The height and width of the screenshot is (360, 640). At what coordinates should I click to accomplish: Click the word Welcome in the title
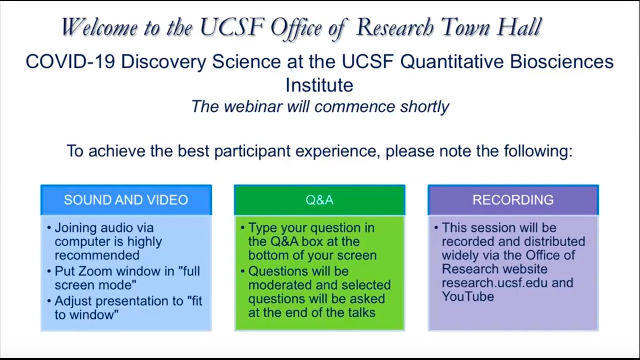(x=99, y=27)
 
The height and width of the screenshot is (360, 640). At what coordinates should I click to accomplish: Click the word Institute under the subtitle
(x=319, y=85)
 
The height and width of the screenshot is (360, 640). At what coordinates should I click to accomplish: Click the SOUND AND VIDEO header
(x=126, y=200)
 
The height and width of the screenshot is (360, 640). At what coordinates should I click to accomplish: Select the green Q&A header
(x=319, y=200)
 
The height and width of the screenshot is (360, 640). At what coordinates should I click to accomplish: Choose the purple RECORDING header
(x=513, y=200)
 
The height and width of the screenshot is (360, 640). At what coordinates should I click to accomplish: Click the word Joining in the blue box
(x=76, y=228)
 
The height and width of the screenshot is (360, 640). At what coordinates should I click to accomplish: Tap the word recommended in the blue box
(x=97, y=255)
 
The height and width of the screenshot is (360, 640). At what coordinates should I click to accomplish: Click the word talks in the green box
(x=358, y=313)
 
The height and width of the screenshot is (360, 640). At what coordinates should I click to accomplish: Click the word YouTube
(x=468, y=296)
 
